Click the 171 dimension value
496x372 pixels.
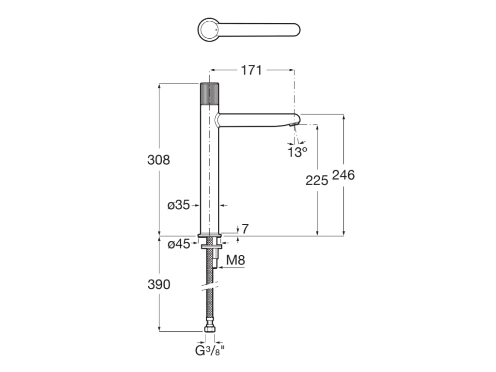251,70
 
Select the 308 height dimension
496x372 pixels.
159,160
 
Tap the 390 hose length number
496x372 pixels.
159,284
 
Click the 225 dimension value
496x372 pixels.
317,181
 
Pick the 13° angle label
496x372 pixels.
297,153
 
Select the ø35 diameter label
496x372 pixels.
178,205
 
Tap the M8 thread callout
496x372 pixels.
236,260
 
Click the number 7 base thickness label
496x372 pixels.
245,229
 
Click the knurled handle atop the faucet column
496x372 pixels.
210,93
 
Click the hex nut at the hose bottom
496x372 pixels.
210,330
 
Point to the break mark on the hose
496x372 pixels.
210,287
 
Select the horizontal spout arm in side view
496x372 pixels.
257,120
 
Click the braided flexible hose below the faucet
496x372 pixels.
210,305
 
